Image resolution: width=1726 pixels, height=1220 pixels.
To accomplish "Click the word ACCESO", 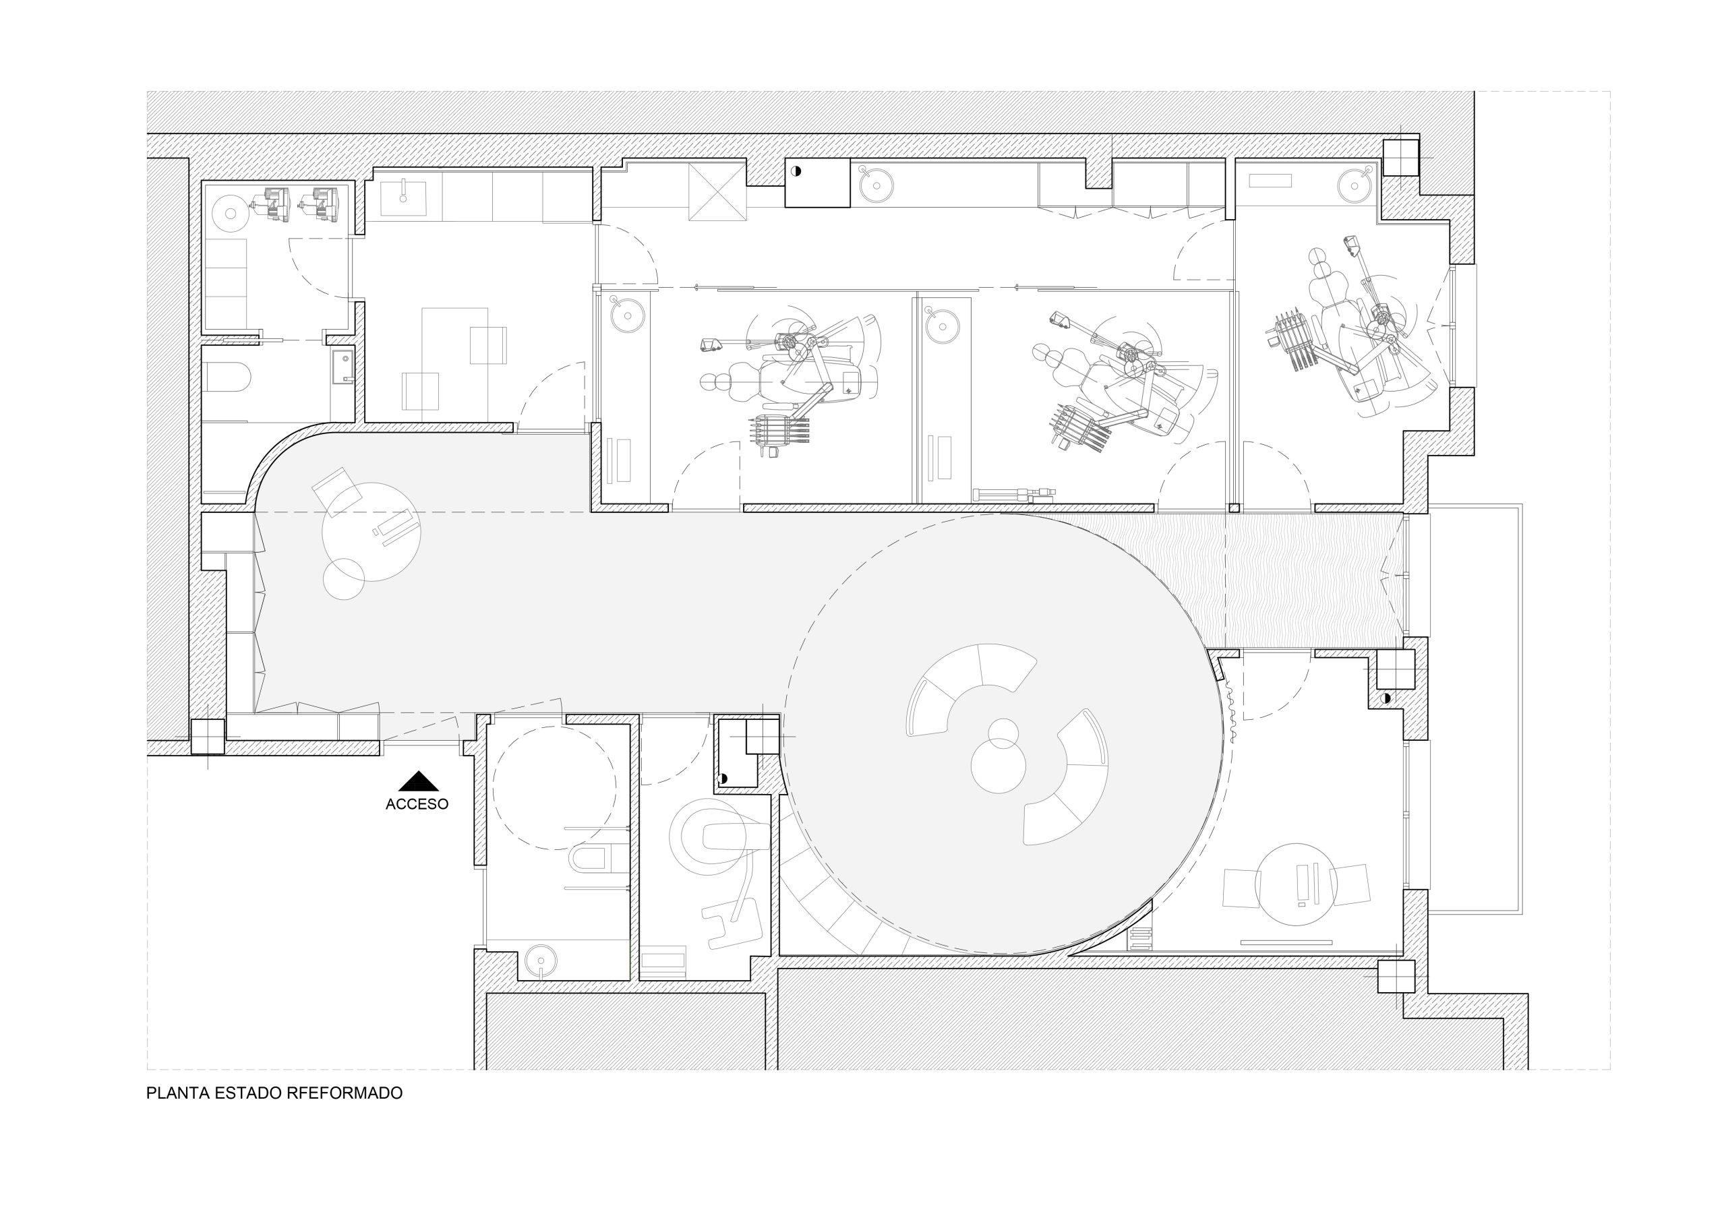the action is coord(417,804).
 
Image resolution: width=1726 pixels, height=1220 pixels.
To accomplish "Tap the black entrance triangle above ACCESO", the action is coord(417,782).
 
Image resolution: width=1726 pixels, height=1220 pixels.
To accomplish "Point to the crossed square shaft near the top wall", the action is coord(717,191).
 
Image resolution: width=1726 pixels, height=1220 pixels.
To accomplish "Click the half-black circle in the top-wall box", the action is coord(796,171).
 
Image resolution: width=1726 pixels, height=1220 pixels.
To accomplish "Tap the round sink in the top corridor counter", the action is coord(876,185).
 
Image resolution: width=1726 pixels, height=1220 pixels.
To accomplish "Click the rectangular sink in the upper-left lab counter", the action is coord(404,197).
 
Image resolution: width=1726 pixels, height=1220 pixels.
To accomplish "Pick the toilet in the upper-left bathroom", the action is coord(227,377).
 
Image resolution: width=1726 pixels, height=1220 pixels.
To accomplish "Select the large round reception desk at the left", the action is coord(371,531).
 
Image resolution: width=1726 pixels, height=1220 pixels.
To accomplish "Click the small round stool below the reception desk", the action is coord(344,579).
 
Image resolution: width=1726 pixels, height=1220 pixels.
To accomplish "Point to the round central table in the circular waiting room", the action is coord(999,765).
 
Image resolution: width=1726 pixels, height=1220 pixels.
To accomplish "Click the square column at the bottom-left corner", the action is coord(208,737).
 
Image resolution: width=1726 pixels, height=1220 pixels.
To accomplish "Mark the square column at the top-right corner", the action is coord(1400,158).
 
